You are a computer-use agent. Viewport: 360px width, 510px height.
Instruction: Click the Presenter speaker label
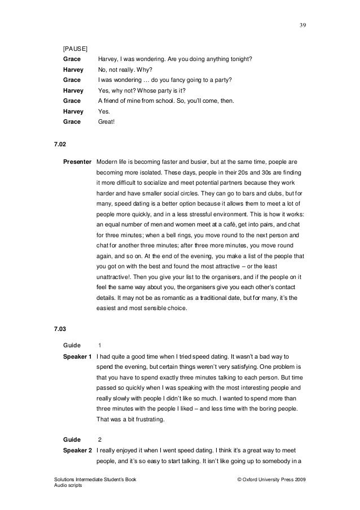[x=77, y=162]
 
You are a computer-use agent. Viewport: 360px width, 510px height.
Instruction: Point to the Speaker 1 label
[x=77, y=356]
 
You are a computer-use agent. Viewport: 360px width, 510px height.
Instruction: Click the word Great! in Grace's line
[x=106, y=121]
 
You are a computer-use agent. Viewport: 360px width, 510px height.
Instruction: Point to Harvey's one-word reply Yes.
[x=103, y=111]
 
